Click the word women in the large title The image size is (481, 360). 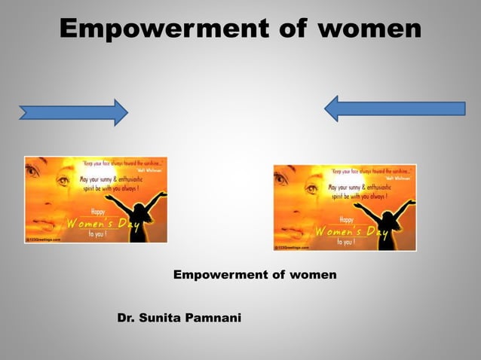coord(369,29)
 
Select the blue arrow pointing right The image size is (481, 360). coord(73,113)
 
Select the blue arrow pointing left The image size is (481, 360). coord(394,108)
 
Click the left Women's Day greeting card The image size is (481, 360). coord(96,200)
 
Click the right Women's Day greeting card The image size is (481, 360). coord(345,208)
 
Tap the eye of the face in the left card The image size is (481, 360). coord(63,182)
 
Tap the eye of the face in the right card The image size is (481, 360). coord(312,189)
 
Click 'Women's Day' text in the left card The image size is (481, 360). coord(98,224)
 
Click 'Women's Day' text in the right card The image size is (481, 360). coord(347,232)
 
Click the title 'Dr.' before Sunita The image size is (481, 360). coord(127,319)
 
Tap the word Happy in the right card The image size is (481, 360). coord(346,219)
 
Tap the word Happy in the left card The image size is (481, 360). coord(97,212)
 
